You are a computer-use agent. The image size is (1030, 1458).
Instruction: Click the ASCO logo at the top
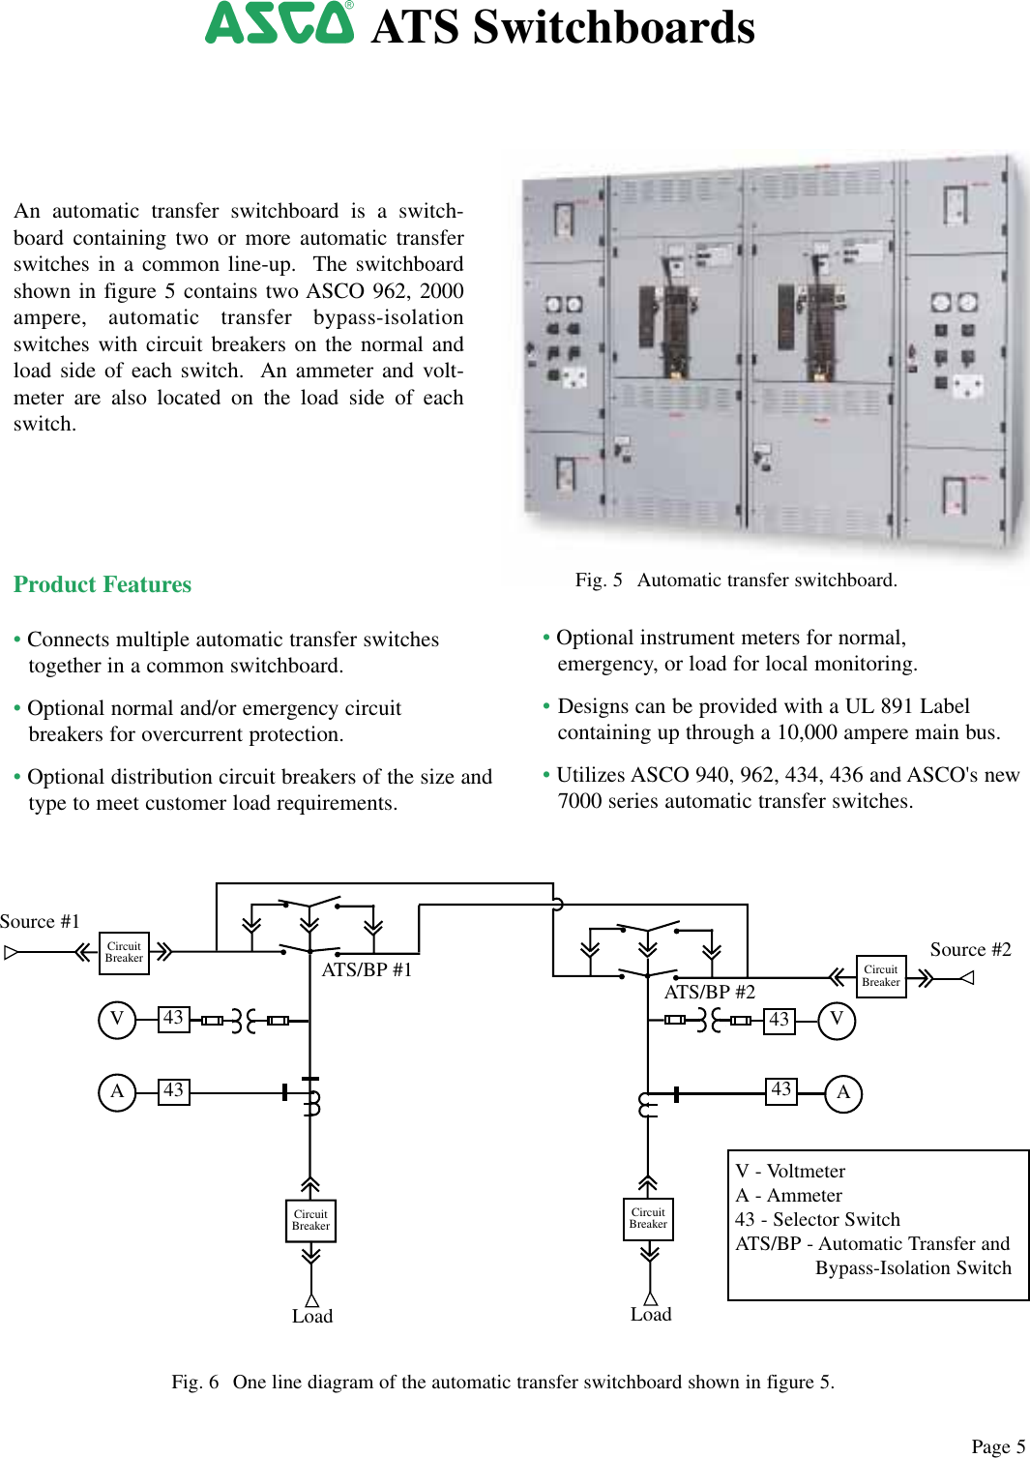280,23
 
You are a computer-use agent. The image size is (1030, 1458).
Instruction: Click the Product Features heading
103,584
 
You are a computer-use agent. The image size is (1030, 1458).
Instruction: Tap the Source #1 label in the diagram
40,922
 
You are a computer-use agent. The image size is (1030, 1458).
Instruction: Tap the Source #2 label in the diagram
970,950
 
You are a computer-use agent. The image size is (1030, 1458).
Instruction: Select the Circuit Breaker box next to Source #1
124,952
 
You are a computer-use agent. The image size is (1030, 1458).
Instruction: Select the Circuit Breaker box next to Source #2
881,976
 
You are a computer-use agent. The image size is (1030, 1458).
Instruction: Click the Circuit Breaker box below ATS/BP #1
310,1220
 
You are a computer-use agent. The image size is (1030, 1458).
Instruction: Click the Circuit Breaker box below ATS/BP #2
648,1218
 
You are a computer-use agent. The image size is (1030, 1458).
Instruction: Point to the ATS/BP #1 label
367,969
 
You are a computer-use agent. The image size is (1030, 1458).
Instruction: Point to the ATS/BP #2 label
709,992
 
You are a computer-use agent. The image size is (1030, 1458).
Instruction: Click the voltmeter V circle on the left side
117,1019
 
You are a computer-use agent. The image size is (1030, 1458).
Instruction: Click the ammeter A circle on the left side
117,1092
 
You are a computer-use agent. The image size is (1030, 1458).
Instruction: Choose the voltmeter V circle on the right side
837,1020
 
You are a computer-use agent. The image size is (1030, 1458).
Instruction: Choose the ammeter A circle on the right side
843,1093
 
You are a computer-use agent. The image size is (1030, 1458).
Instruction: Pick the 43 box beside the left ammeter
174,1091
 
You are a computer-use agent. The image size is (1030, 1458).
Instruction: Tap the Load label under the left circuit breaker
312,1317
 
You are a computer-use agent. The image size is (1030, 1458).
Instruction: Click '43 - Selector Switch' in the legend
817,1219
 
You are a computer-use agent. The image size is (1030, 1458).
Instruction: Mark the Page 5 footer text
998,1446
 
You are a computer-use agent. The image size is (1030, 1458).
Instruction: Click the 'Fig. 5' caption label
599,580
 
